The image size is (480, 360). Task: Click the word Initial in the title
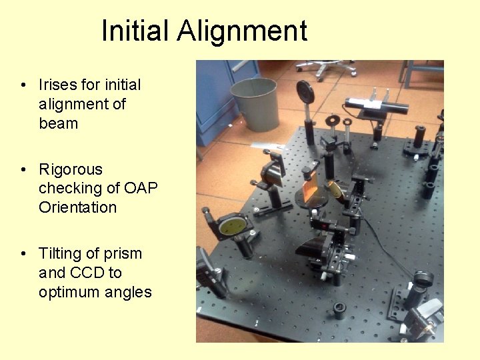click(x=135, y=31)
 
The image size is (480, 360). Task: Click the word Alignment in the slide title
click(x=243, y=31)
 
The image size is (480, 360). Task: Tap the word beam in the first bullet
click(x=58, y=123)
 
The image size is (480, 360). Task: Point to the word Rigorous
click(x=71, y=169)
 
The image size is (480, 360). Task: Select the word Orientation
click(x=77, y=207)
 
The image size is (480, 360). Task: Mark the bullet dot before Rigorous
click(x=23, y=170)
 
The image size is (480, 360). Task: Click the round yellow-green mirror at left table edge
click(x=233, y=225)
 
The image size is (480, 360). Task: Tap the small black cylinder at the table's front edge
click(x=339, y=310)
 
